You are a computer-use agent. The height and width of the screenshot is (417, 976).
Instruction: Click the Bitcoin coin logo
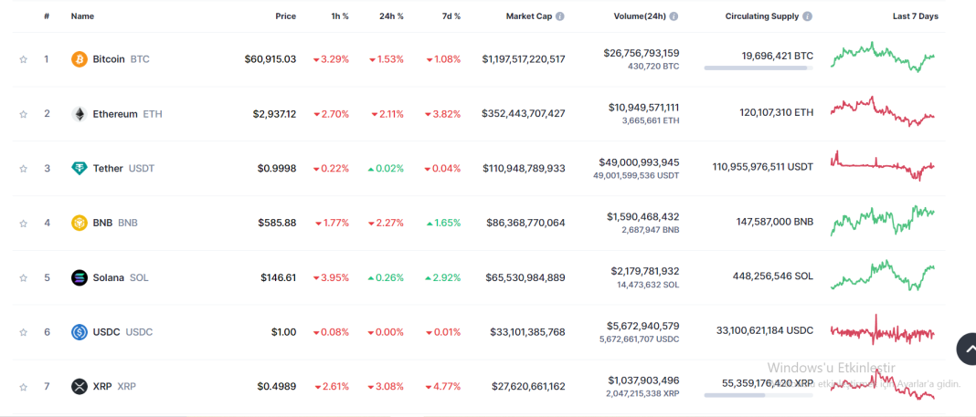point(80,59)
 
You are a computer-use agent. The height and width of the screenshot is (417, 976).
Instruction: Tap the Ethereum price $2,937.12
point(274,114)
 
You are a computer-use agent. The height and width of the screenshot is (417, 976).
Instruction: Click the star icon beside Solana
point(23,277)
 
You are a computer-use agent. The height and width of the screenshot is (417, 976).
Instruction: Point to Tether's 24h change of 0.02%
point(386,169)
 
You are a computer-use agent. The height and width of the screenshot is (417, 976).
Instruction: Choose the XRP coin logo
point(80,387)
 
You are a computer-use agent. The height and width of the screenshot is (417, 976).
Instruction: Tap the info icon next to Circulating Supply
point(808,16)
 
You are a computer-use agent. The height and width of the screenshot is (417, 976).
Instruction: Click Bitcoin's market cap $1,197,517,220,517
point(524,59)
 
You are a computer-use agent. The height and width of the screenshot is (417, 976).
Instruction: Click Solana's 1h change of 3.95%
point(331,277)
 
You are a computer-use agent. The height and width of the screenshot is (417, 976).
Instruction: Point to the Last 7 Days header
point(915,16)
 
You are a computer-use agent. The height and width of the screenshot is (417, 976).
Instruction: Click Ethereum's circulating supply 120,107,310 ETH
point(776,114)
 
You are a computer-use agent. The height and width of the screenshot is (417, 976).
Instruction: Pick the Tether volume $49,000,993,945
point(639,162)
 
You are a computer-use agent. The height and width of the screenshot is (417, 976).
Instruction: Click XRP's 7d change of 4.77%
point(443,387)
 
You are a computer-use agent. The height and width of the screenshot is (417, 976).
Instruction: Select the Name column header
point(82,16)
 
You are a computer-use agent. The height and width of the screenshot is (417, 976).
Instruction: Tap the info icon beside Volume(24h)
point(674,16)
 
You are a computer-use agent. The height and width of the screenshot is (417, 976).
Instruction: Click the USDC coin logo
point(80,332)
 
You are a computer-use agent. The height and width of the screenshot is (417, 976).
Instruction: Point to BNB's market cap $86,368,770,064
point(525,223)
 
